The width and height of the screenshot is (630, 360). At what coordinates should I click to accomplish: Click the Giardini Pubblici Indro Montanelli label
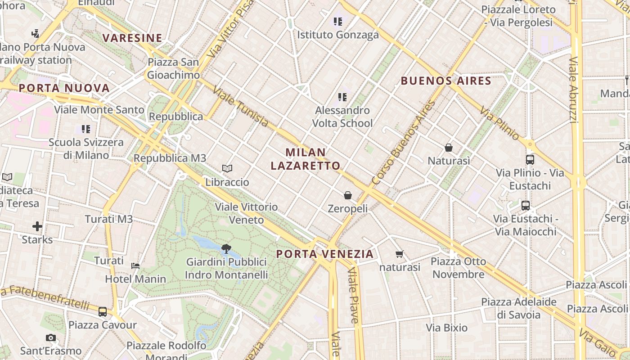[x=226, y=268]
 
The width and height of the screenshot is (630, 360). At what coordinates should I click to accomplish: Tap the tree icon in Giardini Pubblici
[x=226, y=248]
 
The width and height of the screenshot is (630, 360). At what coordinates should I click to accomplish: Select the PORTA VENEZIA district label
[x=325, y=254]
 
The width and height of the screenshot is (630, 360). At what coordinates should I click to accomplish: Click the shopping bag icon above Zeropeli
[x=347, y=195]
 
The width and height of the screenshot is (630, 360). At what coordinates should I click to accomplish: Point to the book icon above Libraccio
[x=227, y=169]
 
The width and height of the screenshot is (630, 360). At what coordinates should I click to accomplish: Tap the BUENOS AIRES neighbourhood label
[x=445, y=81]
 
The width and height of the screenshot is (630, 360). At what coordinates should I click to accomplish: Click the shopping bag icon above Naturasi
[x=448, y=148]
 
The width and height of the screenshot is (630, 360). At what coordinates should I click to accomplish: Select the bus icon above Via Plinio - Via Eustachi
[x=530, y=159]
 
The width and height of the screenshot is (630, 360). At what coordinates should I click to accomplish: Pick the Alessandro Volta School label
[x=342, y=117]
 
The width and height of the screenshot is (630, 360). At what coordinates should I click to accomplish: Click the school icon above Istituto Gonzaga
[x=338, y=21]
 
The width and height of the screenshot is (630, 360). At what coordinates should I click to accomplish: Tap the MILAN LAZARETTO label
[x=306, y=159]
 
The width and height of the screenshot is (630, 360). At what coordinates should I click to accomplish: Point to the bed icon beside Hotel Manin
[x=135, y=265]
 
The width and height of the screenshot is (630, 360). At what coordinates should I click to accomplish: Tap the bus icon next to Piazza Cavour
[x=103, y=311]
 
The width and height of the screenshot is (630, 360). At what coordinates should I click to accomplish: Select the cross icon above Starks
[x=37, y=226]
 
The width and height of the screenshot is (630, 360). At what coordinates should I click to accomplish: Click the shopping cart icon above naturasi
[x=399, y=254]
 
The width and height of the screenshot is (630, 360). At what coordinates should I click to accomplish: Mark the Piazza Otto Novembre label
[x=458, y=268]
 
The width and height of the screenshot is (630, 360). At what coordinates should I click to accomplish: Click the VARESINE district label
[x=132, y=38]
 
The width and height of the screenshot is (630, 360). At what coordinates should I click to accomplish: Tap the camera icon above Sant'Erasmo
[x=51, y=337]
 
